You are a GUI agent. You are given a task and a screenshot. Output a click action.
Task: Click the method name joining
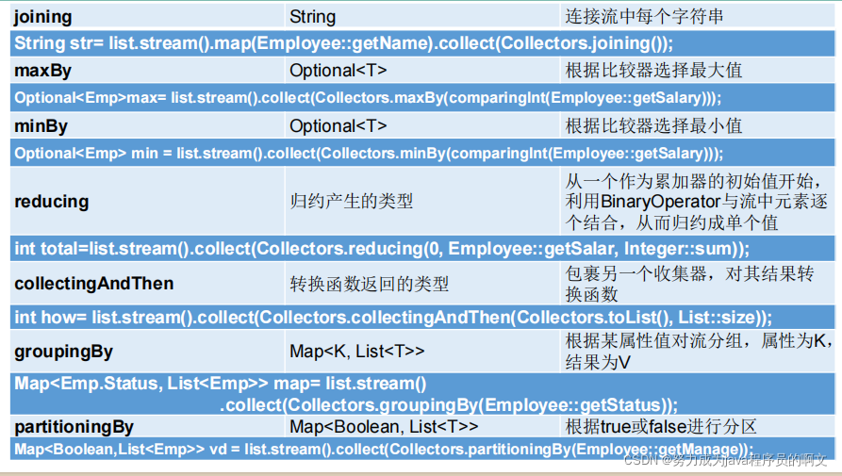coord(43,17)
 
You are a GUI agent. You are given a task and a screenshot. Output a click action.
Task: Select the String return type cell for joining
coord(312,17)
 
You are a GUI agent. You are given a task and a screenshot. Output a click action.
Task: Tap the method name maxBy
coord(43,71)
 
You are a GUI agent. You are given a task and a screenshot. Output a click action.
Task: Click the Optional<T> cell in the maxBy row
coord(338,71)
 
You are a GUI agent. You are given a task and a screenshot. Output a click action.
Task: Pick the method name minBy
coord(41,126)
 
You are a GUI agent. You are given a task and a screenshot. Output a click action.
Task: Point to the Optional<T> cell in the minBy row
coord(338,125)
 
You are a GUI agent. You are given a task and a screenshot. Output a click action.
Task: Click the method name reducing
coord(52,202)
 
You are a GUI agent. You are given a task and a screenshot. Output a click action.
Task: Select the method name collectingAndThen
coord(94,284)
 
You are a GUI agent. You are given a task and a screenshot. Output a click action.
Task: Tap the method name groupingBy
coord(63,352)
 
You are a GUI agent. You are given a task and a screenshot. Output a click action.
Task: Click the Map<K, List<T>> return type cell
coord(357,351)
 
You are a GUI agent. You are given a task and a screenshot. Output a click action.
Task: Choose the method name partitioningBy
coord(74,427)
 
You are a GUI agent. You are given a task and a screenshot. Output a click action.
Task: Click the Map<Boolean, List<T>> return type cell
coord(384,427)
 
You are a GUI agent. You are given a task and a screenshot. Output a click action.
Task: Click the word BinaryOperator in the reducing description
coord(660,202)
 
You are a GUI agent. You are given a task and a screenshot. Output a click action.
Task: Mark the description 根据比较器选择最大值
coord(653,71)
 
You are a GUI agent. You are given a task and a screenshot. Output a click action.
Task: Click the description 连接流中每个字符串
coord(644,17)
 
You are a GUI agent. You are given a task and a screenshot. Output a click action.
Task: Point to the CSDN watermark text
coord(725,459)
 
